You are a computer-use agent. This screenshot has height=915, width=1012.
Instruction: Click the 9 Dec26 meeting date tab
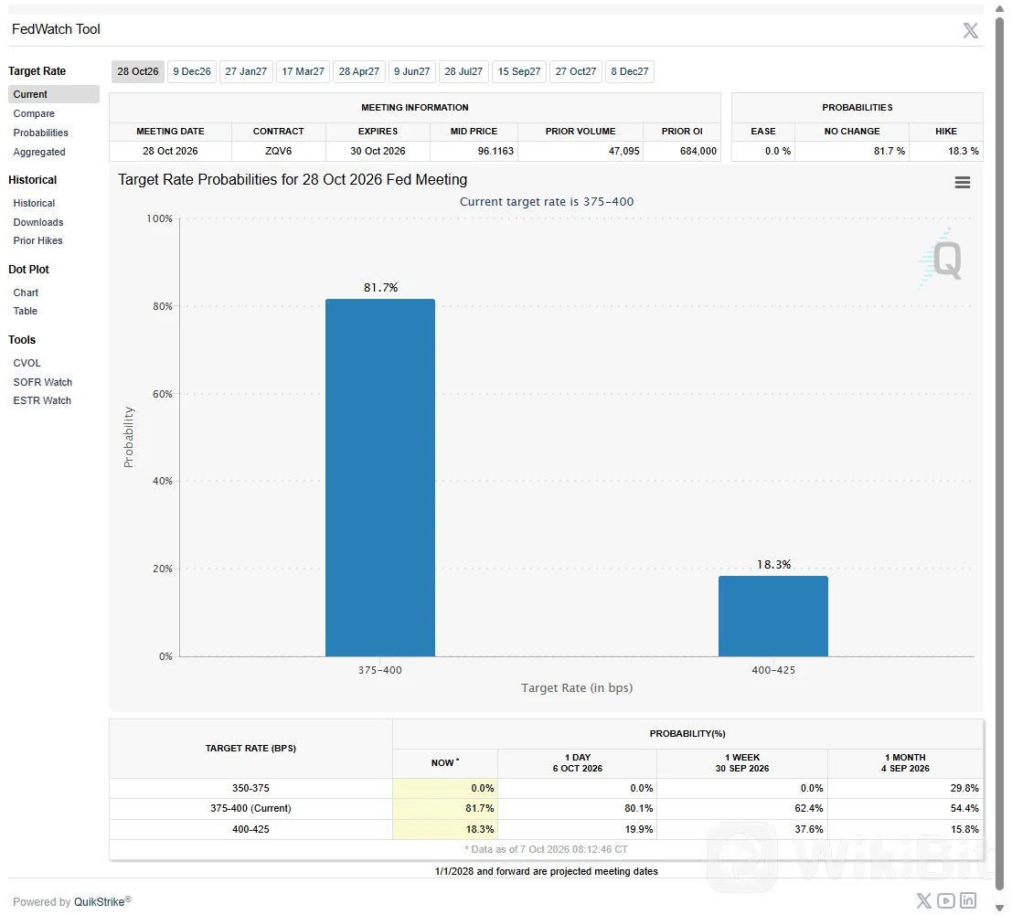192,71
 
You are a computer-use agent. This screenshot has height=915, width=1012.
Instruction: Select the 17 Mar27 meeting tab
303,71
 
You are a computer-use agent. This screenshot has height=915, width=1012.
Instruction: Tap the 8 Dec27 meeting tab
629,71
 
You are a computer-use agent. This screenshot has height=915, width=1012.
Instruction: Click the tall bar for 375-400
380,477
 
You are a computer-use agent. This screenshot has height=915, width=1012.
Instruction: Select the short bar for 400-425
773,616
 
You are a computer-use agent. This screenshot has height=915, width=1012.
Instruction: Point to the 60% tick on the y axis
163,394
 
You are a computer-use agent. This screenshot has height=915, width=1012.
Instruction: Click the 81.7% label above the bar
381,288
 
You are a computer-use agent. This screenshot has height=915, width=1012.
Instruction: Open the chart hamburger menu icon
963,183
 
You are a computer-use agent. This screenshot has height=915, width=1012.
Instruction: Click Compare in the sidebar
34,113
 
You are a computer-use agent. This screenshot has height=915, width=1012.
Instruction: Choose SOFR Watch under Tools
43,382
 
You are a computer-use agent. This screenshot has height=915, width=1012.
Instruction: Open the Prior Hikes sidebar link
38,240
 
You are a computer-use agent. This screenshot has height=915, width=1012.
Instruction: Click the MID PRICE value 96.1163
495,151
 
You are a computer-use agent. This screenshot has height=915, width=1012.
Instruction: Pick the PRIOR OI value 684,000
698,151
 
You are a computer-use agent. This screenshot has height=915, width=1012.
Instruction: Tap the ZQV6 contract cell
278,151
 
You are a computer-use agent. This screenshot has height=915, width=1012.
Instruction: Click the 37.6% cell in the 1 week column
809,829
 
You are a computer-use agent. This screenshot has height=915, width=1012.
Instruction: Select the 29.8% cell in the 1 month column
964,788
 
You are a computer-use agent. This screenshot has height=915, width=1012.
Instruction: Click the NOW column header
444,762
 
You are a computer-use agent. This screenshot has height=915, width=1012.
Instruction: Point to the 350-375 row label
251,788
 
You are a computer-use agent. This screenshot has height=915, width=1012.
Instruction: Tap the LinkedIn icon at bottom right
968,900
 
